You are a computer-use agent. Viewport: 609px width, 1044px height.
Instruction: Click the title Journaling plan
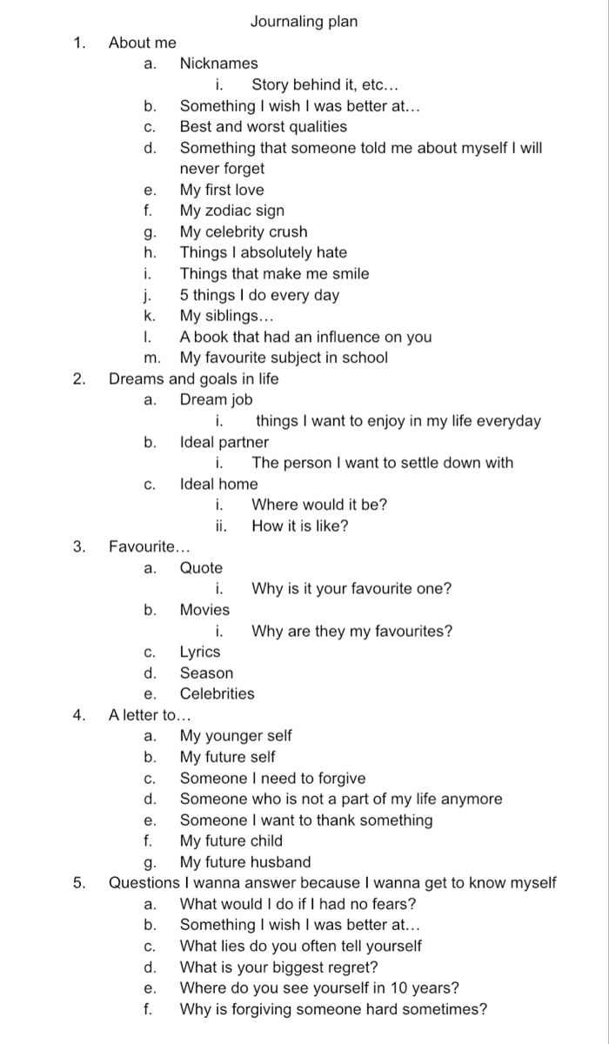point(304,22)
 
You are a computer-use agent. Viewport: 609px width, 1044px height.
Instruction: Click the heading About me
point(143,43)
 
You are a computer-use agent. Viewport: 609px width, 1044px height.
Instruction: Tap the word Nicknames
point(218,64)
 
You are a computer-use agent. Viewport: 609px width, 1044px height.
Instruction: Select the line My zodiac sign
point(231,211)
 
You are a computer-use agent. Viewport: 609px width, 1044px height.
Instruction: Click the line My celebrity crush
point(244,231)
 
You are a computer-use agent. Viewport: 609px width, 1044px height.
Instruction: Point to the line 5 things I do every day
point(259,295)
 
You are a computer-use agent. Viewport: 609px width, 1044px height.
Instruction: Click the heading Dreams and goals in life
point(193,378)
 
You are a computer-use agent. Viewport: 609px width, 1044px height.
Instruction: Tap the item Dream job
point(216,400)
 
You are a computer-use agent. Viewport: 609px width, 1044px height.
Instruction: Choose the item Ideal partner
point(224,442)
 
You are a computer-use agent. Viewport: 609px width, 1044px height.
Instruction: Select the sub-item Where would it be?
point(319,505)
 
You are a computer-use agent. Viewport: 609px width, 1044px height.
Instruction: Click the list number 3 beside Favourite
point(79,547)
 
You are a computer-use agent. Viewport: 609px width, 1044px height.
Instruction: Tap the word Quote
point(201,568)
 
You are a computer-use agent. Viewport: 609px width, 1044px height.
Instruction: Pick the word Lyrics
point(200,652)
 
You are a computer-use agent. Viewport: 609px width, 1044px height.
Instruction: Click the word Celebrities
point(217,693)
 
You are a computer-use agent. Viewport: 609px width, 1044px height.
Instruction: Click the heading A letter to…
point(149,715)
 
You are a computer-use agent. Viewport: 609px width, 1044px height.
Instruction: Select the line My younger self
point(236,736)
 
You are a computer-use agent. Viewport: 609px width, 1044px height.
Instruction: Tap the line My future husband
point(244,862)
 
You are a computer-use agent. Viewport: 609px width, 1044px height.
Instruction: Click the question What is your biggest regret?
point(278,967)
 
